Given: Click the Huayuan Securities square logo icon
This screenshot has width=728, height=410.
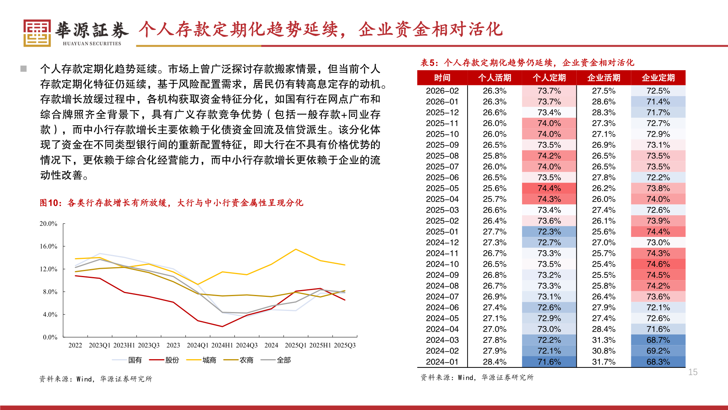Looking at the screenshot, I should coord(37,33).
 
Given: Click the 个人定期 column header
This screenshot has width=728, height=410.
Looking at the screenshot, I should coord(549,78).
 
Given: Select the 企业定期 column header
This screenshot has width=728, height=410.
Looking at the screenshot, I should coord(658,78).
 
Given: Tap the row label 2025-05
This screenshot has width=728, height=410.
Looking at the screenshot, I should coord(442,188).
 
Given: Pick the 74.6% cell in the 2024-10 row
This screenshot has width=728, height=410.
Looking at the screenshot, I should coord(658,264).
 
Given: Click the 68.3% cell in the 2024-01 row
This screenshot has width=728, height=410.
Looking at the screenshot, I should coord(658,362).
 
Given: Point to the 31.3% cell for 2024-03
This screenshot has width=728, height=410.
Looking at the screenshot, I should coord(604,340).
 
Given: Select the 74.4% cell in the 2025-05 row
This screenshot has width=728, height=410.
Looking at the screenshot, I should coord(549,188).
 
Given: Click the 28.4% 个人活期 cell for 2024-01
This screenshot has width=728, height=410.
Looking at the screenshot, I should coord(494,362).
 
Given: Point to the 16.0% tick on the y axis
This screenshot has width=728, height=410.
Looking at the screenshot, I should coord(49,246).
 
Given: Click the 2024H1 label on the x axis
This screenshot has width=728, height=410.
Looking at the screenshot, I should coord(222,345).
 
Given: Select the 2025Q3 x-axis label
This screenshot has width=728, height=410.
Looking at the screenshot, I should coord(344,345).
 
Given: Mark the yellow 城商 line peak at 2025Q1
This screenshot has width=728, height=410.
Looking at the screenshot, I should coord(296,249).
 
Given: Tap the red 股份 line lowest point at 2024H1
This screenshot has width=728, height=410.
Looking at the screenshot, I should coord(222,326).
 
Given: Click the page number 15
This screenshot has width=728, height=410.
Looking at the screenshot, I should coord(693,372).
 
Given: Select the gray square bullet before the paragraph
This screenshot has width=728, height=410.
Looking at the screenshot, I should coord(24,69).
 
